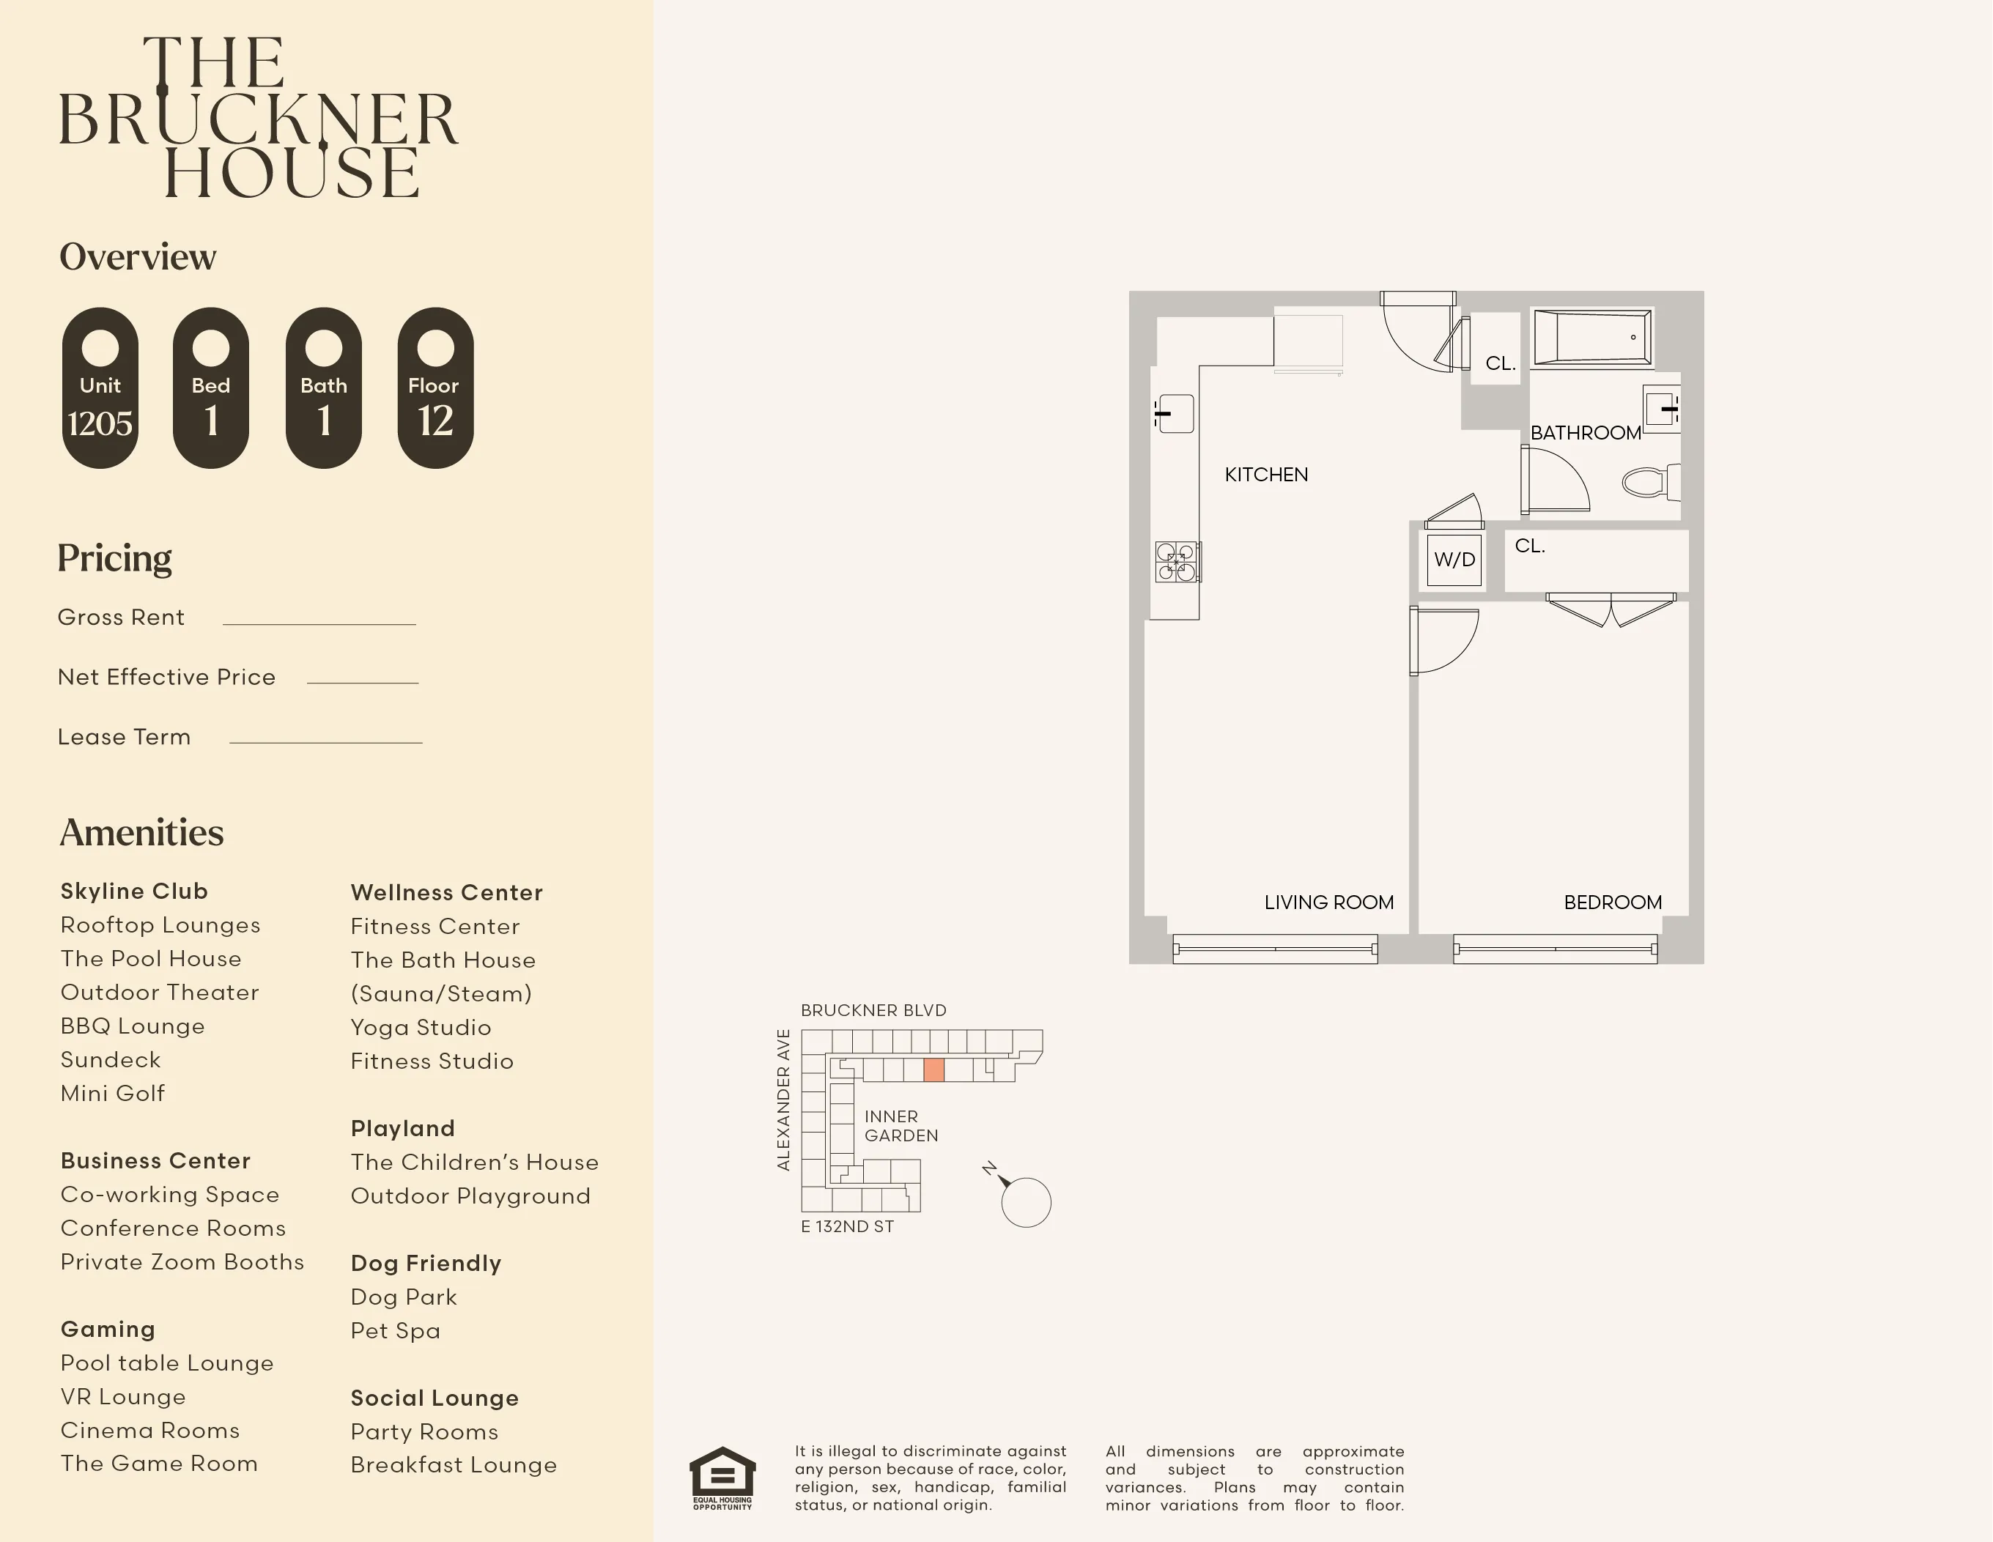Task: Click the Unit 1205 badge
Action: point(100,388)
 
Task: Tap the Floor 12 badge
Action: point(435,388)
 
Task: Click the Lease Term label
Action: point(124,737)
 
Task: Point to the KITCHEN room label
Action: point(1265,475)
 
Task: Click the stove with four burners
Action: point(1176,562)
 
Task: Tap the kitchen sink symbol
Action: point(1175,413)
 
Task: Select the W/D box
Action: point(1454,560)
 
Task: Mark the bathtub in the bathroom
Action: point(1591,338)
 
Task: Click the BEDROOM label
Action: point(1613,902)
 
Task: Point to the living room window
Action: point(1275,949)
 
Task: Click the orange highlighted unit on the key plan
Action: point(933,1070)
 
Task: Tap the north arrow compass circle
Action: point(1026,1203)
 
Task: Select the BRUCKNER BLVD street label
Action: point(873,1010)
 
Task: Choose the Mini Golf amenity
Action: point(113,1093)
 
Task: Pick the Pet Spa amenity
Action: point(395,1330)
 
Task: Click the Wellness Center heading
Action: point(446,892)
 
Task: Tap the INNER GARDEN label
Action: point(901,1126)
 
